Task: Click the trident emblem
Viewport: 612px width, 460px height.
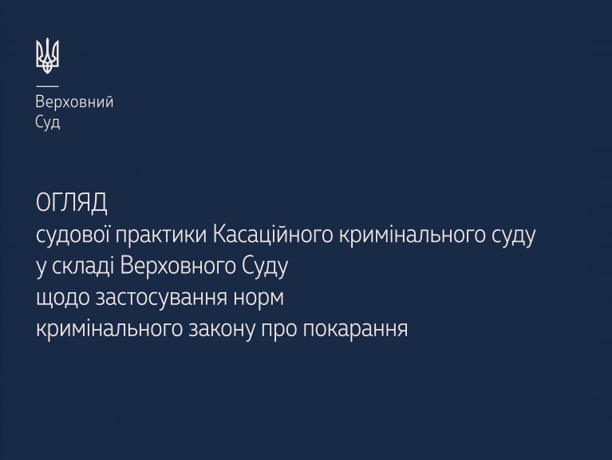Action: point(47,56)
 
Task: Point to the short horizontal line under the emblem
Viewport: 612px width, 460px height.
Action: point(47,86)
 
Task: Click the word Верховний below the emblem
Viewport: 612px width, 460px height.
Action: point(74,102)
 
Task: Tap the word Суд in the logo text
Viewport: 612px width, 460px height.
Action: point(48,122)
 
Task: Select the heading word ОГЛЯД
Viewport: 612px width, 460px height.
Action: point(72,203)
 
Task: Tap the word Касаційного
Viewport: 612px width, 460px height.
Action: point(273,236)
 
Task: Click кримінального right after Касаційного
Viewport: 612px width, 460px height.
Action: point(410,236)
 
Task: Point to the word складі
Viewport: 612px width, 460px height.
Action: point(83,267)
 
